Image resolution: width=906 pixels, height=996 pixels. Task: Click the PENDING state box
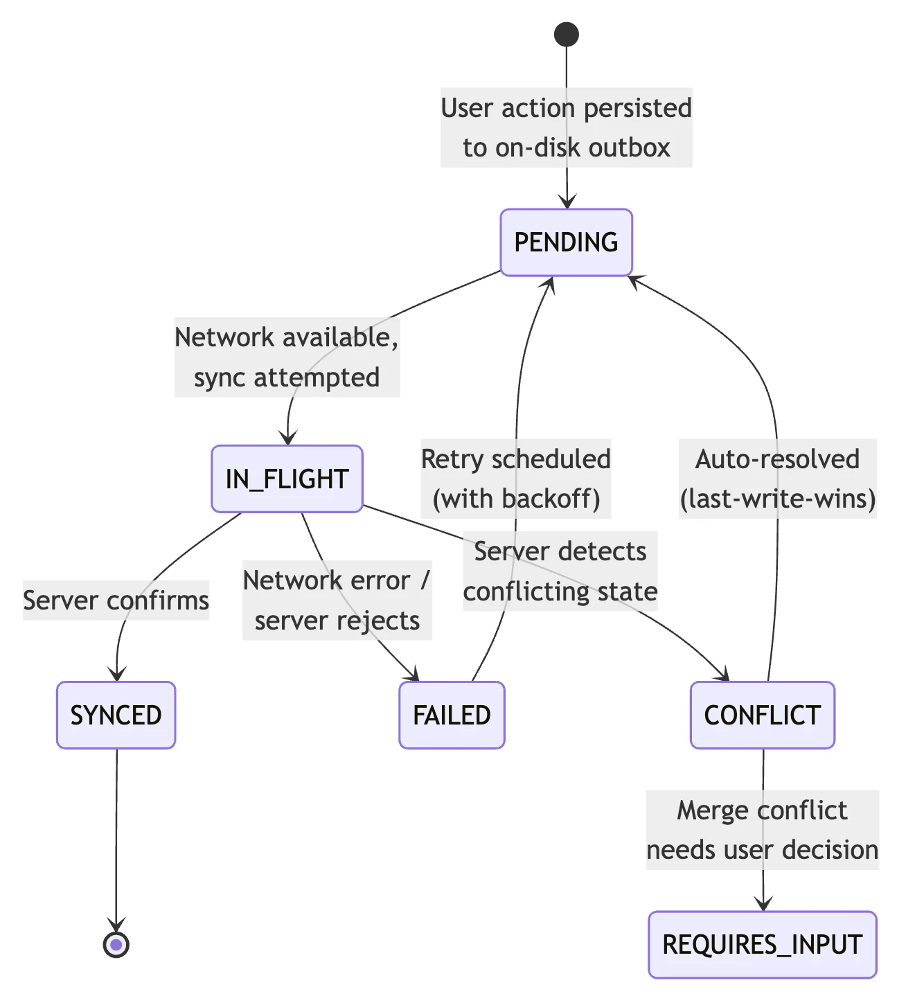[x=566, y=242]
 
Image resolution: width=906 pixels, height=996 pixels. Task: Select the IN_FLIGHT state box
[x=287, y=479]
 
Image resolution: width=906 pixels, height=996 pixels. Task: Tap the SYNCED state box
[x=116, y=715]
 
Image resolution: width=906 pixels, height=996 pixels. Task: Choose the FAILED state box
[x=452, y=715]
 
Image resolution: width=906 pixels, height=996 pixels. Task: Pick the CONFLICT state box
[x=762, y=715]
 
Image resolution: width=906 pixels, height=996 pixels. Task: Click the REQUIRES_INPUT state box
[x=762, y=945]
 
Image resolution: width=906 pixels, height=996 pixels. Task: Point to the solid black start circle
[x=567, y=34]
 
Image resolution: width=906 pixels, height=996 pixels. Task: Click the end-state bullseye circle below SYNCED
[x=116, y=944]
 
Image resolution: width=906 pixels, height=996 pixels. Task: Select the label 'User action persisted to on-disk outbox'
[x=566, y=127]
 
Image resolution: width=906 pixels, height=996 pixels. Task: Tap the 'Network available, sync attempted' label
[x=287, y=357]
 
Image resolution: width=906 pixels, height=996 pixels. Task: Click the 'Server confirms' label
[x=116, y=600]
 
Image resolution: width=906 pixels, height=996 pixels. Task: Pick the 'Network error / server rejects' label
[x=337, y=600]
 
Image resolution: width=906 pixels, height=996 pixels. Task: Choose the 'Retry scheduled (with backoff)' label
[x=516, y=479]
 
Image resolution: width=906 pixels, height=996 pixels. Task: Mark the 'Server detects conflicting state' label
[x=560, y=571]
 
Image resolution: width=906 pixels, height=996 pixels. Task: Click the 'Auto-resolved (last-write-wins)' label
[x=778, y=479]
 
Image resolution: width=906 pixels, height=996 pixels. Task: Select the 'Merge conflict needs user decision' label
[x=762, y=830]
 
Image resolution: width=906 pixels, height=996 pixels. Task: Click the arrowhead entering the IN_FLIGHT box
[x=288, y=438]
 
